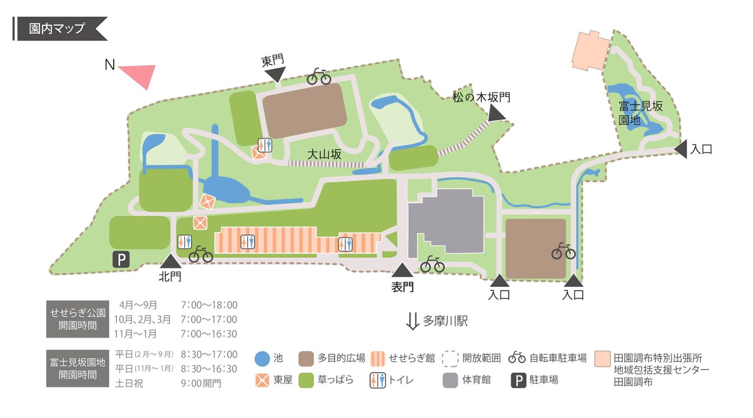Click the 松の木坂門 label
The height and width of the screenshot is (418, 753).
481,97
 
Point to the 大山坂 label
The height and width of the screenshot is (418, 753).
324,154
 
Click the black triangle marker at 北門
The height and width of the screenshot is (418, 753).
170,261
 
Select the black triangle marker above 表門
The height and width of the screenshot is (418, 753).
402,270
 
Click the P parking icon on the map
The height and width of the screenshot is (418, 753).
121,259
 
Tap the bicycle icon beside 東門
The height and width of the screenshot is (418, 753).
319,77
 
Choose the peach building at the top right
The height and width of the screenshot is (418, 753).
590,50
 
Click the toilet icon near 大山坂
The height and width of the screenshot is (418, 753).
265,145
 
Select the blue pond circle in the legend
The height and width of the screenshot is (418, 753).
262,359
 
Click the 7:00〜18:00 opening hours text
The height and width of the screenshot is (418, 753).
209,305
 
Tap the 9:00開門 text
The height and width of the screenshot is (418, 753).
201,383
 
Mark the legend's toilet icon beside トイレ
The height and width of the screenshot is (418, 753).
377,380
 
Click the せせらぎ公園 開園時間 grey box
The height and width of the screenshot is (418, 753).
78,319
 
